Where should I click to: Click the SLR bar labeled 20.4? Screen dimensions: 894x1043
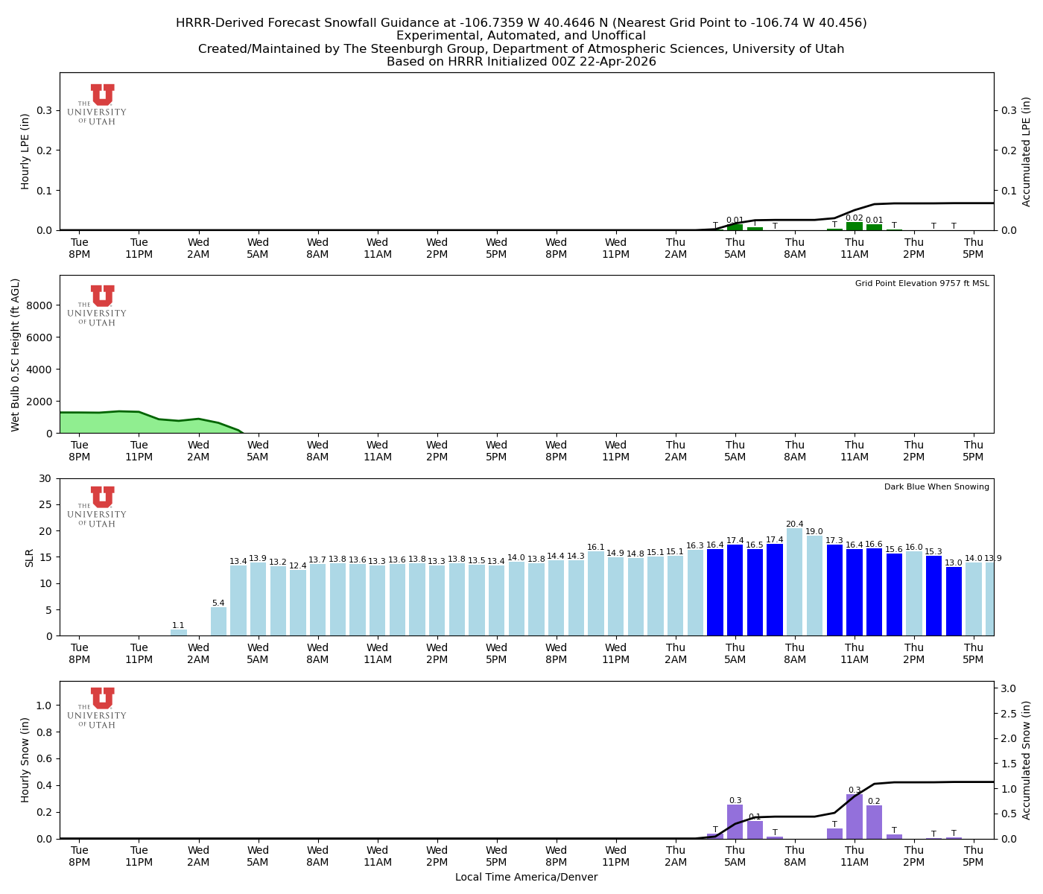point(794,582)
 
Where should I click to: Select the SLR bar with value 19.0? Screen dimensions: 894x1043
point(814,586)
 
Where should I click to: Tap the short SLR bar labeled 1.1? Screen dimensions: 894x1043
point(179,633)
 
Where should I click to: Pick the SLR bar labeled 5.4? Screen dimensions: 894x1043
point(218,621)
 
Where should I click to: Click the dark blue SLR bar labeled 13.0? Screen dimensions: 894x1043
point(954,601)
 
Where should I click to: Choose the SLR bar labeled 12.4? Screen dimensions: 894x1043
point(298,603)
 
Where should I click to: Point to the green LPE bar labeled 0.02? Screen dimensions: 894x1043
point(855,226)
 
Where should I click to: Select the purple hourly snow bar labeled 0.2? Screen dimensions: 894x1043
point(874,822)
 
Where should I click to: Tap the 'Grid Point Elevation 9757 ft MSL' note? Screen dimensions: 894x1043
point(922,283)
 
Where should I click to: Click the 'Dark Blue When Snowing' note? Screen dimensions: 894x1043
point(936,486)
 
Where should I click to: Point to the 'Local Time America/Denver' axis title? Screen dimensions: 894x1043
point(526,877)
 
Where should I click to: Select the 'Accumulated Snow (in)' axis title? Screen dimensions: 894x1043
point(1027,760)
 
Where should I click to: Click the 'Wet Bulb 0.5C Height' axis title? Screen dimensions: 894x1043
point(16,355)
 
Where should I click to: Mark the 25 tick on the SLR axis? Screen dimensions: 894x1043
point(46,504)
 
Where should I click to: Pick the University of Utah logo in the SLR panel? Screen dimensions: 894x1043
point(97,507)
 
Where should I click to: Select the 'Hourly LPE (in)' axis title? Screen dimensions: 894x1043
point(25,151)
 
